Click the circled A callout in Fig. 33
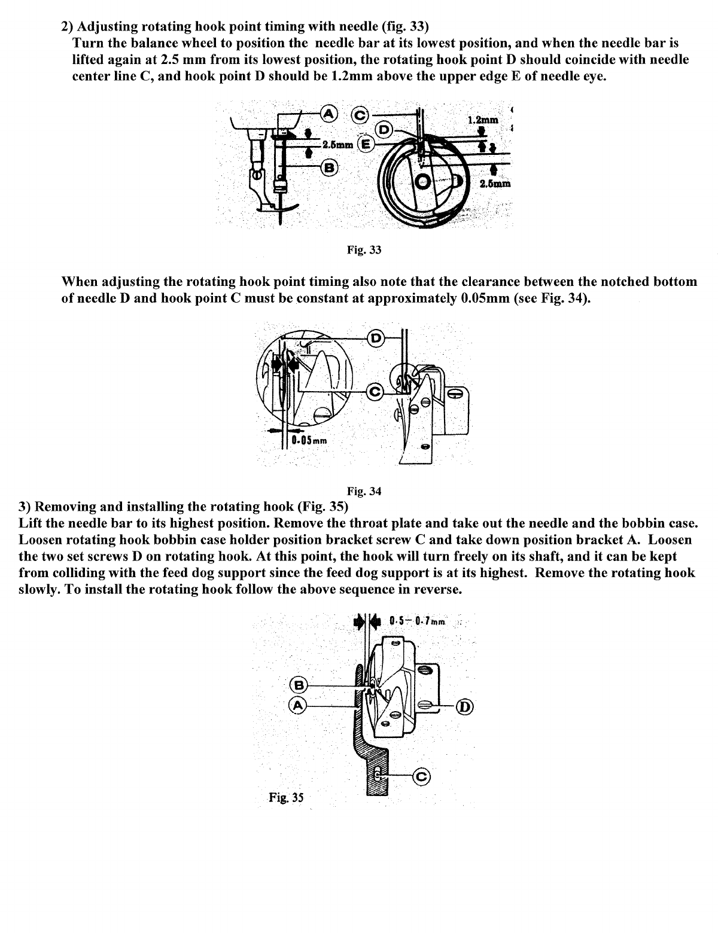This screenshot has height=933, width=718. coord(329,112)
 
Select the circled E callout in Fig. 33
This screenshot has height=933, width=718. coord(366,144)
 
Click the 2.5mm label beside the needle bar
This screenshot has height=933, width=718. coord(336,145)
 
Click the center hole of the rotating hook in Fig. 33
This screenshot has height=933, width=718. coord(424,181)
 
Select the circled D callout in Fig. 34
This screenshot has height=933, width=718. coord(376,338)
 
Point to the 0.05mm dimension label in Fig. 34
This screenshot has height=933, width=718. coord(309,441)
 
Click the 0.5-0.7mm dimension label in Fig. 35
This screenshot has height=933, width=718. coord(417,621)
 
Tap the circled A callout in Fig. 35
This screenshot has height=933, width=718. coord(298,706)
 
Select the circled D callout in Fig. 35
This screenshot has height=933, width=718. coord(465,707)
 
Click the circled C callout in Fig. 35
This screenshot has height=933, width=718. coord(422,777)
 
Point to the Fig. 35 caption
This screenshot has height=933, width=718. coord(286,797)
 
